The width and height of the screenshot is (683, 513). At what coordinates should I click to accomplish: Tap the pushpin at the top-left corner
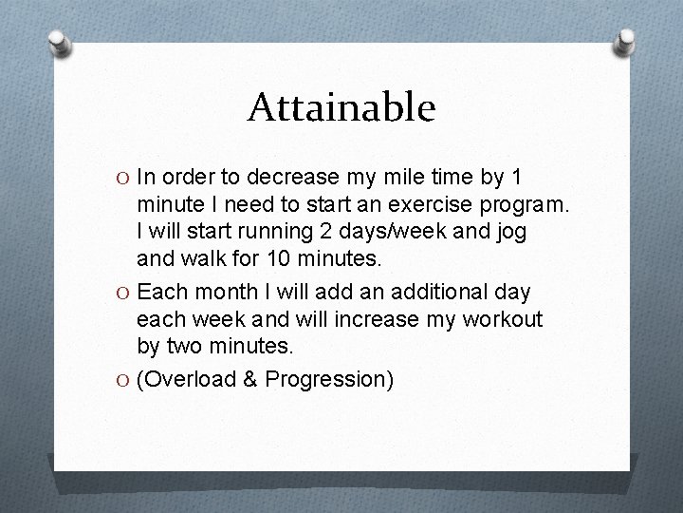[x=59, y=44]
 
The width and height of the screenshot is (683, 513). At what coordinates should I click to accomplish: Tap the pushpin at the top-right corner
[x=625, y=41]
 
